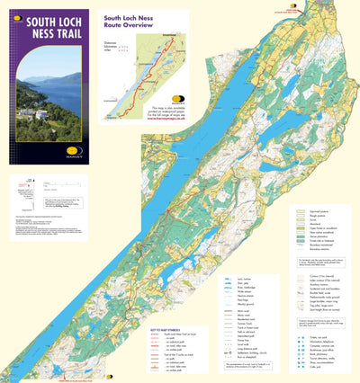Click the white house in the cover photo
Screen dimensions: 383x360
[x=40, y=114]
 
